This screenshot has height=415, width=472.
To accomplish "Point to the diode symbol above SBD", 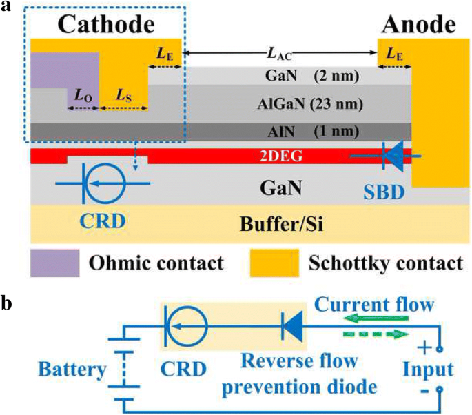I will [393, 157].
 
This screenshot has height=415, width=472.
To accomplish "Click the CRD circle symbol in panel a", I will [103, 182].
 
